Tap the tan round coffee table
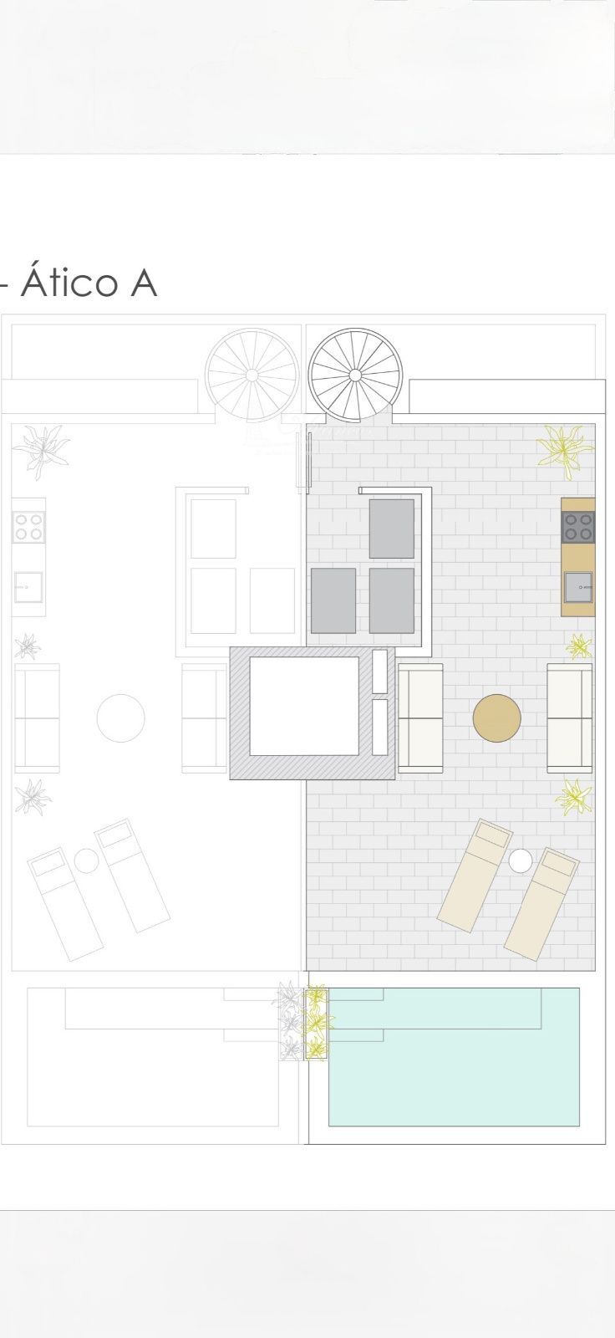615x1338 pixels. click(497, 718)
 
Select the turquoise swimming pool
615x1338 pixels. click(454, 1057)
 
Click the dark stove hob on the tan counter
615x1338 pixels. click(578, 527)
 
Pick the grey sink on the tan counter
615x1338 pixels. click(578, 587)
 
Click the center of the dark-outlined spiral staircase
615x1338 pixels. click(355, 375)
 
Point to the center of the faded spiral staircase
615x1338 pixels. click(252, 375)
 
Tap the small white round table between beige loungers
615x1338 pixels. click(521, 861)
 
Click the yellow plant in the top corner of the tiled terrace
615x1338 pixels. click(564, 452)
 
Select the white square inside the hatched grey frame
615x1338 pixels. click(304, 706)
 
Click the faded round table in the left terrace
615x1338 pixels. click(120, 718)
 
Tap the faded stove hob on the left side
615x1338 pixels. click(28, 527)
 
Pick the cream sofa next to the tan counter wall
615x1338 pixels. click(570, 718)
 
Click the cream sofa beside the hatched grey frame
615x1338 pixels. click(420, 718)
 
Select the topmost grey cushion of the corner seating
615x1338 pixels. click(392, 529)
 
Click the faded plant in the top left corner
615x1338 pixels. click(41, 452)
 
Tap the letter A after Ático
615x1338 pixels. click(143, 283)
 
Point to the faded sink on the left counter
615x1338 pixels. click(28, 587)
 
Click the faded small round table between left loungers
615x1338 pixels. click(87, 861)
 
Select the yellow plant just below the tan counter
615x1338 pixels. click(579, 647)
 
